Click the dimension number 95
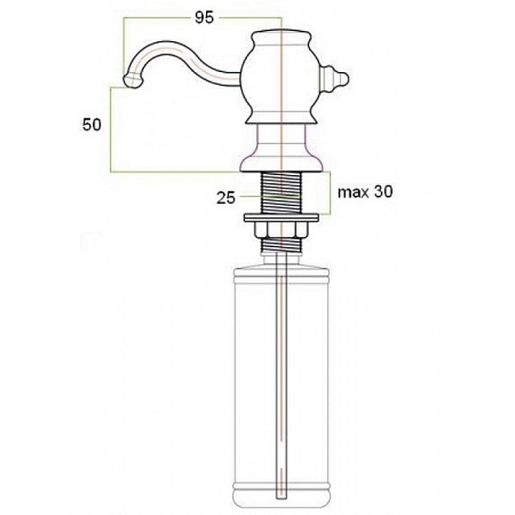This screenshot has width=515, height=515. tap(204, 17)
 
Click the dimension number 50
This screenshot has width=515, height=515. tap(92, 124)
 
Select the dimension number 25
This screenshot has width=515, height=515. tap(226, 197)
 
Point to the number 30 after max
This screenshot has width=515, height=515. tap(383, 191)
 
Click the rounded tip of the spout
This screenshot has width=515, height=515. tap(132, 81)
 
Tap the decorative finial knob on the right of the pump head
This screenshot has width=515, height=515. tap(334, 79)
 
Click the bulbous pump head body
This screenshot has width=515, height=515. tap(282, 78)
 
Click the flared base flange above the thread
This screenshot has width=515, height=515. tap(282, 163)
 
